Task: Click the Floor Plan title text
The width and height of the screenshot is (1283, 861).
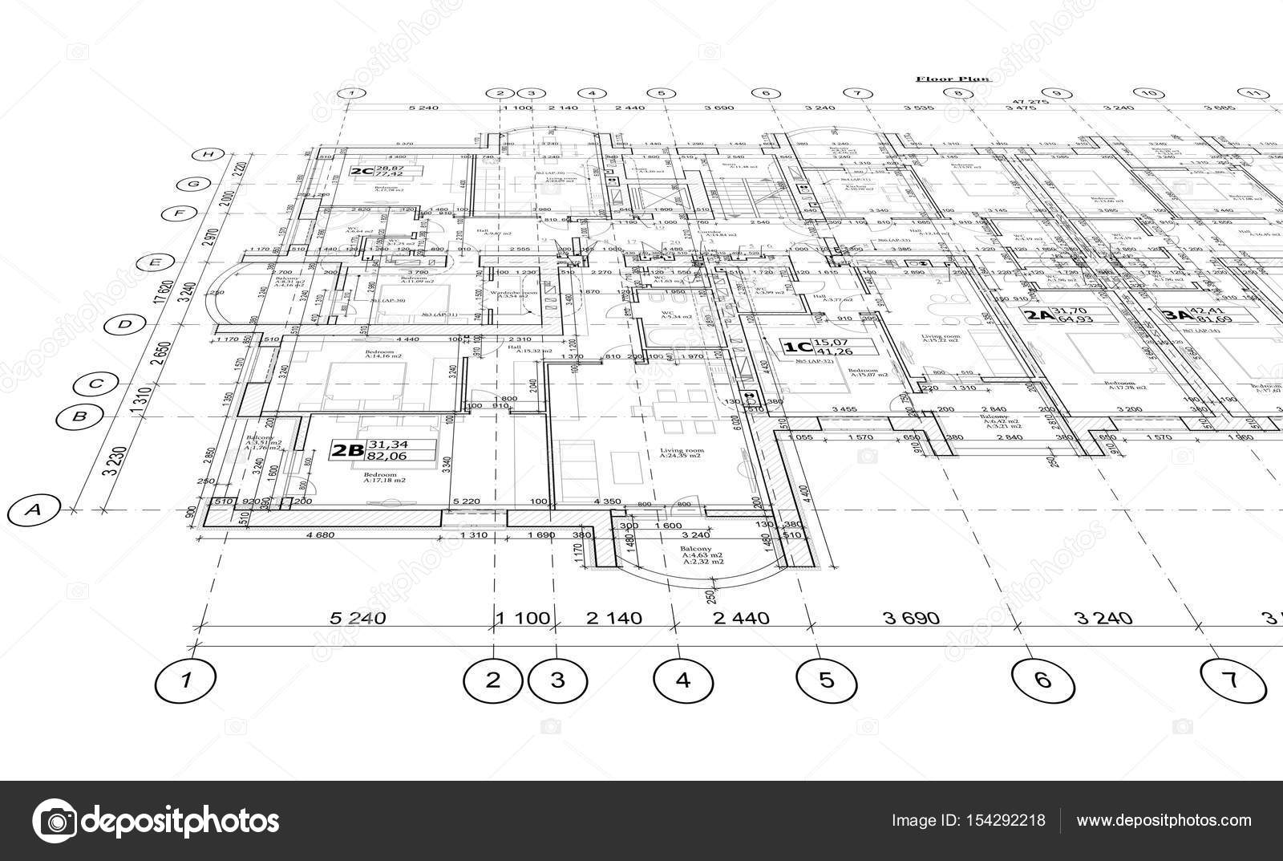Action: coord(953,79)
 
